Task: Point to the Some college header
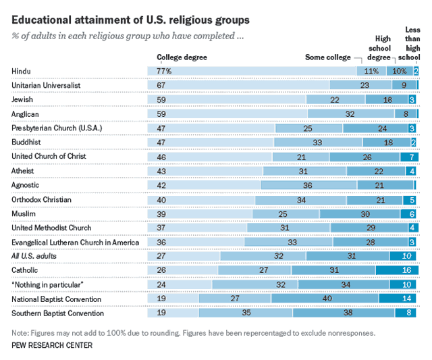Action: [328, 57]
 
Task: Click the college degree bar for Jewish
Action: [223, 100]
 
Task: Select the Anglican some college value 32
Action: [350, 114]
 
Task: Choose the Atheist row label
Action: [24, 171]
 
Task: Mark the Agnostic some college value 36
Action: [308, 185]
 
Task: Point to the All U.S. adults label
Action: [34, 256]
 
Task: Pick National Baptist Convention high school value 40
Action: [327, 299]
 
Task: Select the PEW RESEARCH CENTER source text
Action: [53, 346]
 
